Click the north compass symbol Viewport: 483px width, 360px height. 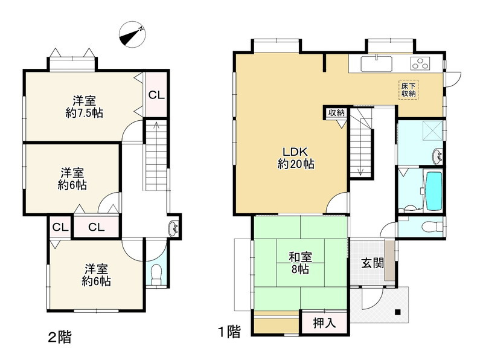(x=132, y=34)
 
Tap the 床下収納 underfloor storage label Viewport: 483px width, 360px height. (x=409, y=89)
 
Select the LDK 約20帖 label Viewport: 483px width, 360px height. (x=296, y=158)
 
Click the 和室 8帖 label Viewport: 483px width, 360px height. (x=300, y=263)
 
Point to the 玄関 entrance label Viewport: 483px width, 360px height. (x=373, y=263)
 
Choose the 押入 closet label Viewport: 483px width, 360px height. (x=324, y=323)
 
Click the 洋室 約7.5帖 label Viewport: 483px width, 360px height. (x=84, y=107)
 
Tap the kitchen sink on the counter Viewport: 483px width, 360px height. (x=376, y=63)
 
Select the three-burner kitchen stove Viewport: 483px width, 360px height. (x=420, y=63)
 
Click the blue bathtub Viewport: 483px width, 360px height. (x=433, y=191)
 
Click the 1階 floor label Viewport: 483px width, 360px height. (x=229, y=332)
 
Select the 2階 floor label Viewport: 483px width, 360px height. (x=60, y=337)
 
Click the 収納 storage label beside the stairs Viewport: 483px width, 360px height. (x=336, y=113)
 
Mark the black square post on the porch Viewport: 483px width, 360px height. (x=398, y=312)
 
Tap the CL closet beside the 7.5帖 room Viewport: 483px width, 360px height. (x=157, y=95)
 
